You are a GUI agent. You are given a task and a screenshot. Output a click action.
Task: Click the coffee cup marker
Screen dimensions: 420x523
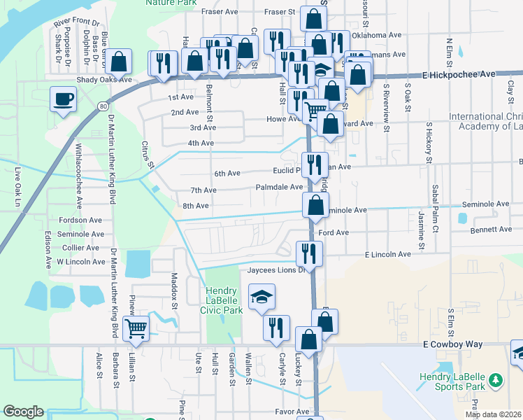click(x=63, y=99)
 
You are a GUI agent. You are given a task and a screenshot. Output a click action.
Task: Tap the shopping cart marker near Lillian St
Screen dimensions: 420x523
click(x=136, y=327)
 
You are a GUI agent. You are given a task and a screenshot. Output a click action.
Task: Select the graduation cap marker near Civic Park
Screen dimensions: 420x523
click(x=261, y=297)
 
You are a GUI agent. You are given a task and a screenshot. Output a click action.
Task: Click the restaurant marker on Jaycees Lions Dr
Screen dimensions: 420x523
click(x=308, y=253)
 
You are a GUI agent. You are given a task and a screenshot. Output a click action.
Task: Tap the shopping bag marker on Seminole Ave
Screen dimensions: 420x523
click(x=315, y=205)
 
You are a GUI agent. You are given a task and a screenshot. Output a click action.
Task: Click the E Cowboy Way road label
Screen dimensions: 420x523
click(x=453, y=345)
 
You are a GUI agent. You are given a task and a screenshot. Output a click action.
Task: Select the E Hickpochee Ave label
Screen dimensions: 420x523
click(x=459, y=73)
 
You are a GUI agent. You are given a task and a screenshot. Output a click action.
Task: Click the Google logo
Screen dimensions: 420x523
click(x=23, y=412)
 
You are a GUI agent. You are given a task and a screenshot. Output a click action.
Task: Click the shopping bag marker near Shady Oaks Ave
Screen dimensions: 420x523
click(x=120, y=61)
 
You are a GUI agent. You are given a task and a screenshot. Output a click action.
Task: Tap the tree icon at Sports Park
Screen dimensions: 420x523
click(x=496, y=380)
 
